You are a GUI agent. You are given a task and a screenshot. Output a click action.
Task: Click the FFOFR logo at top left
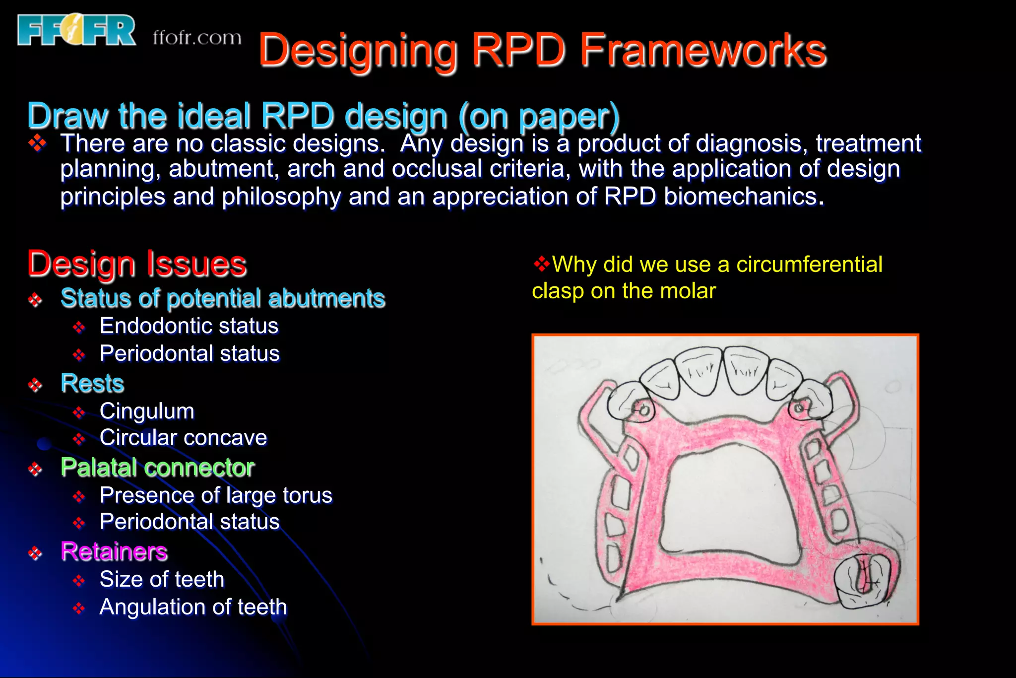76,30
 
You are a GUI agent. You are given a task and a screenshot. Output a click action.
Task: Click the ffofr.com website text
197,38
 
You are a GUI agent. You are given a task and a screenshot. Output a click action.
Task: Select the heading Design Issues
137,264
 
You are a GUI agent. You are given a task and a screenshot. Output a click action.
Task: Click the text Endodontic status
189,326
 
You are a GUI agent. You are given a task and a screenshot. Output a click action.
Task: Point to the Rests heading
92,383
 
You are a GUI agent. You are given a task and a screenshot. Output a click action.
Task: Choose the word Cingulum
147,411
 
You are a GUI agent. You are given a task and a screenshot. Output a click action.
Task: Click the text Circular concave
183,438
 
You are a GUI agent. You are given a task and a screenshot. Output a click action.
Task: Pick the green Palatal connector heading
157,467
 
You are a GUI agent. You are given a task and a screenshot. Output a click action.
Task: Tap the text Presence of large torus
216,495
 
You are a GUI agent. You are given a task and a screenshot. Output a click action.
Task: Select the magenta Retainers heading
114,551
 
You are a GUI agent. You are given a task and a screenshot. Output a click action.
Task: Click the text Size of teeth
162,579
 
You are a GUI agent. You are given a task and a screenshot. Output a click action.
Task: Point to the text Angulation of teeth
193,607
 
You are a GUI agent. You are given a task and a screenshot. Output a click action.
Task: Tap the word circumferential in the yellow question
809,265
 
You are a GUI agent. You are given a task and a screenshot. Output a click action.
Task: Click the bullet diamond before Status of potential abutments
35,299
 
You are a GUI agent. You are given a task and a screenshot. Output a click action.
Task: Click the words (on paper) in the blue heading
539,116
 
